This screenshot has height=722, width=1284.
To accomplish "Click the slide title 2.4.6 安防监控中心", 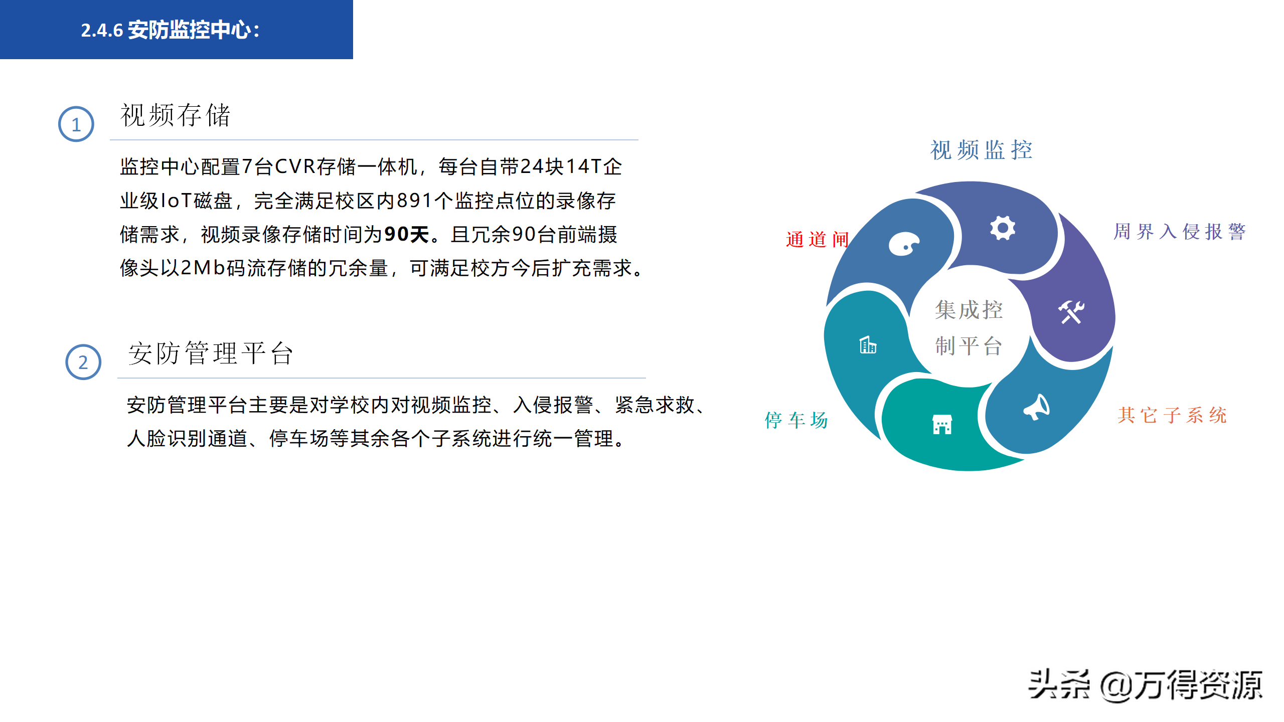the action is pyautogui.click(x=171, y=30).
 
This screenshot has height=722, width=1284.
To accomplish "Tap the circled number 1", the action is pyautogui.click(x=76, y=124).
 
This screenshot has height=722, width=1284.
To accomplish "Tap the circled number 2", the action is pyautogui.click(x=83, y=362).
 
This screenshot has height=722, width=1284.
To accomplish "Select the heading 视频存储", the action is pyautogui.click(x=176, y=115).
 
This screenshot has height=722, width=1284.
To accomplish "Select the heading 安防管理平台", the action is pyautogui.click(x=211, y=353).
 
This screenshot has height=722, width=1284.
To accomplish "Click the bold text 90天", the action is pyautogui.click(x=407, y=234).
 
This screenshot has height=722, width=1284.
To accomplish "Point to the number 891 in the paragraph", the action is pyautogui.click(x=415, y=201).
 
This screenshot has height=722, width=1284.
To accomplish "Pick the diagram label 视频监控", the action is pyautogui.click(x=982, y=150).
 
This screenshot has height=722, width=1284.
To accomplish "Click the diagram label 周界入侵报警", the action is pyautogui.click(x=1180, y=232).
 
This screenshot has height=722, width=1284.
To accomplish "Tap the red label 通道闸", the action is pyautogui.click(x=817, y=239).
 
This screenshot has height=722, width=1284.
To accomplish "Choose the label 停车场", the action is pyautogui.click(x=796, y=420).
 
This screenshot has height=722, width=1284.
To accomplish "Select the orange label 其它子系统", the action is pyautogui.click(x=1172, y=415).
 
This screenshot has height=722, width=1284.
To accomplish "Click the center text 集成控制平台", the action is pyautogui.click(x=969, y=327).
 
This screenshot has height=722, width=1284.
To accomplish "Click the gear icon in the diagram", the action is pyautogui.click(x=1003, y=228).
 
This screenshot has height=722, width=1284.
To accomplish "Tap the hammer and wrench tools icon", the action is pyautogui.click(x=1071, y=312).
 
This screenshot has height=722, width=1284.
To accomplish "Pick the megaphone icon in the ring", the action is pyautogui.click(x=1036, y=407).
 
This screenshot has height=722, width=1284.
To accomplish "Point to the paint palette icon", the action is pyautogui.click(x=904, y=244).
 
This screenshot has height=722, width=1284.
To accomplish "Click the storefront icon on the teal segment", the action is pyautogui.click(x=942, y=424).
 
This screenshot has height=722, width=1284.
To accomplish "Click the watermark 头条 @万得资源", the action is pyautogui.click(x=1145, y=685).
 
